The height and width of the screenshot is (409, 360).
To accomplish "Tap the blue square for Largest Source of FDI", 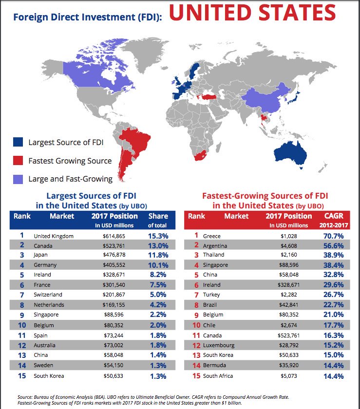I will point(18,142).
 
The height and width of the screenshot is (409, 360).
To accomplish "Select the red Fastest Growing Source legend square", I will point(18,160).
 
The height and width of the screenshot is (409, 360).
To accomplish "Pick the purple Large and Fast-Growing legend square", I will point(18,179).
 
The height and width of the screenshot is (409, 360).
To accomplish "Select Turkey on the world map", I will point(207,97).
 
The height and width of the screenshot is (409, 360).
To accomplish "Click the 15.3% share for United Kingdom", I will point(157,236).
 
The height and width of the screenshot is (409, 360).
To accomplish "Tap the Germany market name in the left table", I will point(45,265).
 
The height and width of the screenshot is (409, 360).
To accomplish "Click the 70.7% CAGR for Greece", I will point(334,236).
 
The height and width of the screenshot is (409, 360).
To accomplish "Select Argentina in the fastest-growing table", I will point(215,245).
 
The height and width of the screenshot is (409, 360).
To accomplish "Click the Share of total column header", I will point(157,220).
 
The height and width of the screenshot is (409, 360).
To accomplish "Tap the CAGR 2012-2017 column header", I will point(334,220).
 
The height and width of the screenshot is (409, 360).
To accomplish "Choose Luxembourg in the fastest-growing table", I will point(218,345).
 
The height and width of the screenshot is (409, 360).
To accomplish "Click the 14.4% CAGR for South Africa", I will point(334,376).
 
